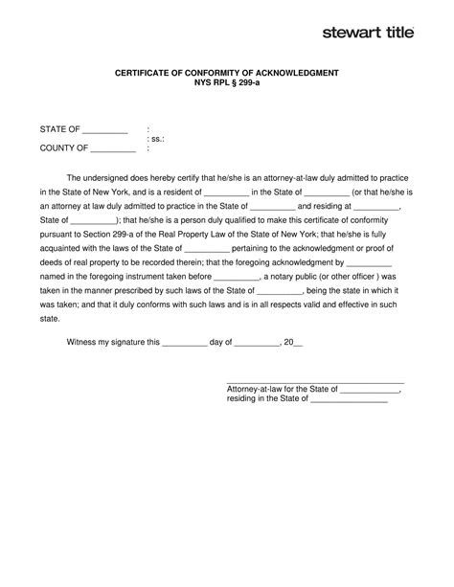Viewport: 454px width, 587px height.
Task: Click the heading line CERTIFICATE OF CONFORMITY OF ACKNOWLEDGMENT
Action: click(227, 74)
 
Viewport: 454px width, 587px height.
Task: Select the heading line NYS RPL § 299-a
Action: click(227, 84)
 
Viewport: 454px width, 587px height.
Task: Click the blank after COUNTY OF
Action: click(113, 149)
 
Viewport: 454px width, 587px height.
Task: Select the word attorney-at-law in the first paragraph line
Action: click(298, 177)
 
